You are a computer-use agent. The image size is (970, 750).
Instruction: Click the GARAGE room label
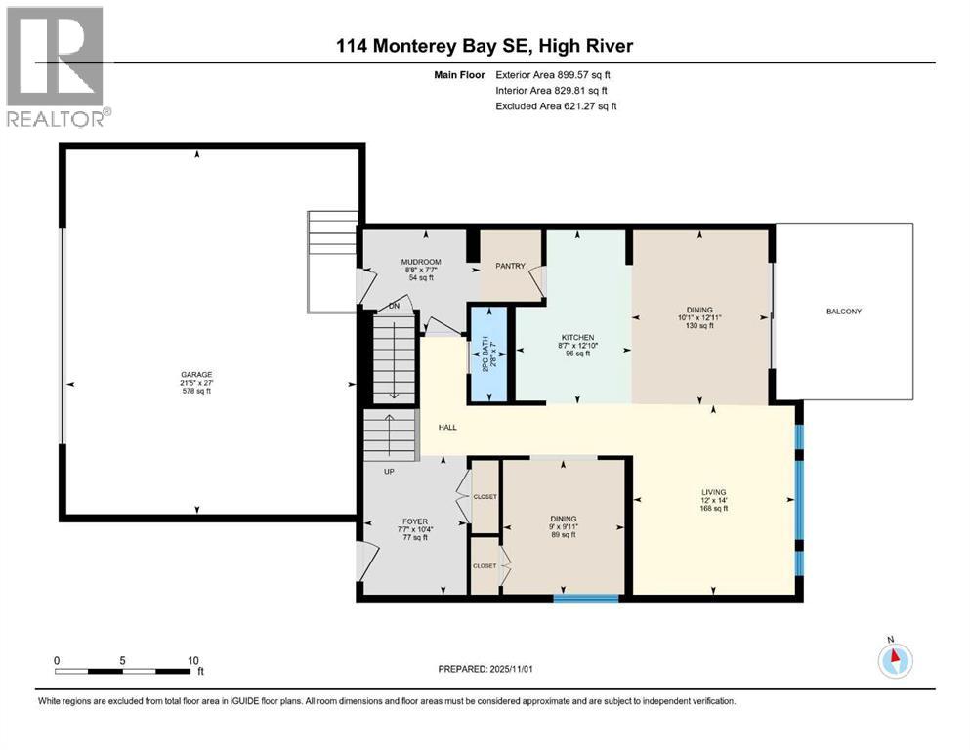pyautogui.click(x=195, y=374)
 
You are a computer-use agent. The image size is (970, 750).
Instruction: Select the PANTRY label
pyautogui.click(x=510, y=266)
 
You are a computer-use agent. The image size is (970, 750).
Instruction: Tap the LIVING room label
pyautogui.click(x=713, y=492)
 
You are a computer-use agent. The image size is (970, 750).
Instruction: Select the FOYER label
pyautogui.click(x=415, y=521)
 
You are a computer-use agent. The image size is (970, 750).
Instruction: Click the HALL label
pyautogui.click(x=447, y=427)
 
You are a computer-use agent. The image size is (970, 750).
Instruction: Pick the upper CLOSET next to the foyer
pyautogui.click(x=485, y=496)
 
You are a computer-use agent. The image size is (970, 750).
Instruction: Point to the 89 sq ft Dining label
pyautogui.click(x=563, y=534)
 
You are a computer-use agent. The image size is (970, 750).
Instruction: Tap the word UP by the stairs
pyautogui.click(x=388, y=471)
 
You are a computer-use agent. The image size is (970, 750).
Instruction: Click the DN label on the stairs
pyautogui.click(x=394, y=306)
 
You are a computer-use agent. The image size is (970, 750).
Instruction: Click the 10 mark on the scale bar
pyautogui.click(x=192, y=660)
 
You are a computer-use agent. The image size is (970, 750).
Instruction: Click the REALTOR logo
pyautogui.click(x=56, y=66)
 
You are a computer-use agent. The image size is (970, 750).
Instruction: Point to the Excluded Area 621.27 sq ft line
pyautogui.click(x=557, y=105)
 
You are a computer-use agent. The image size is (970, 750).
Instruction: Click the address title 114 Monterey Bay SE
pyautogui.click(x=485, y=46)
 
